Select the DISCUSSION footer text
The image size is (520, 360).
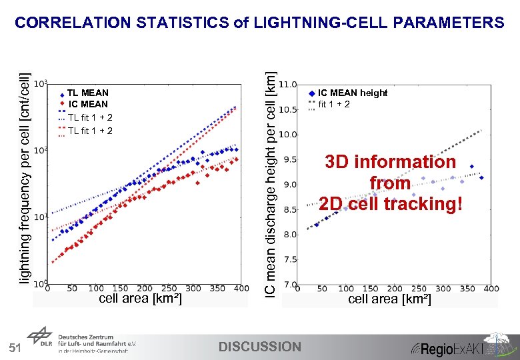pos(260,347)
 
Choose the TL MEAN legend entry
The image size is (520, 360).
pos(87,93)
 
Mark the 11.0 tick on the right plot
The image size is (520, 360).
pos(287,85)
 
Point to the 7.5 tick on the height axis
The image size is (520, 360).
pos(287,260)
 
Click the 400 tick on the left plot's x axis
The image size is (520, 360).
pos(241,289)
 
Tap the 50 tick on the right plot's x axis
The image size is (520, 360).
pos(321,289)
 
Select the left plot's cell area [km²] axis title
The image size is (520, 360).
pos(140,299)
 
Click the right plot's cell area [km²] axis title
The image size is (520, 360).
pos(389,299)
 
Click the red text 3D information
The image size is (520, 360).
pos(390,162)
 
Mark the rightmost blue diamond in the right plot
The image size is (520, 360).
pos(481,177)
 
